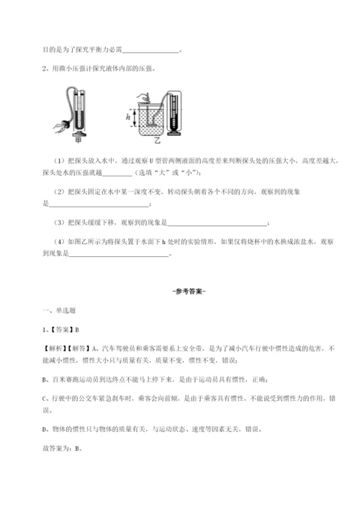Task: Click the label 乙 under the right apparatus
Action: tap(156, 141)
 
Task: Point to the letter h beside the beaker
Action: tap(128, 117)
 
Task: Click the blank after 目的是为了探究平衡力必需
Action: tap(150, 51)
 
